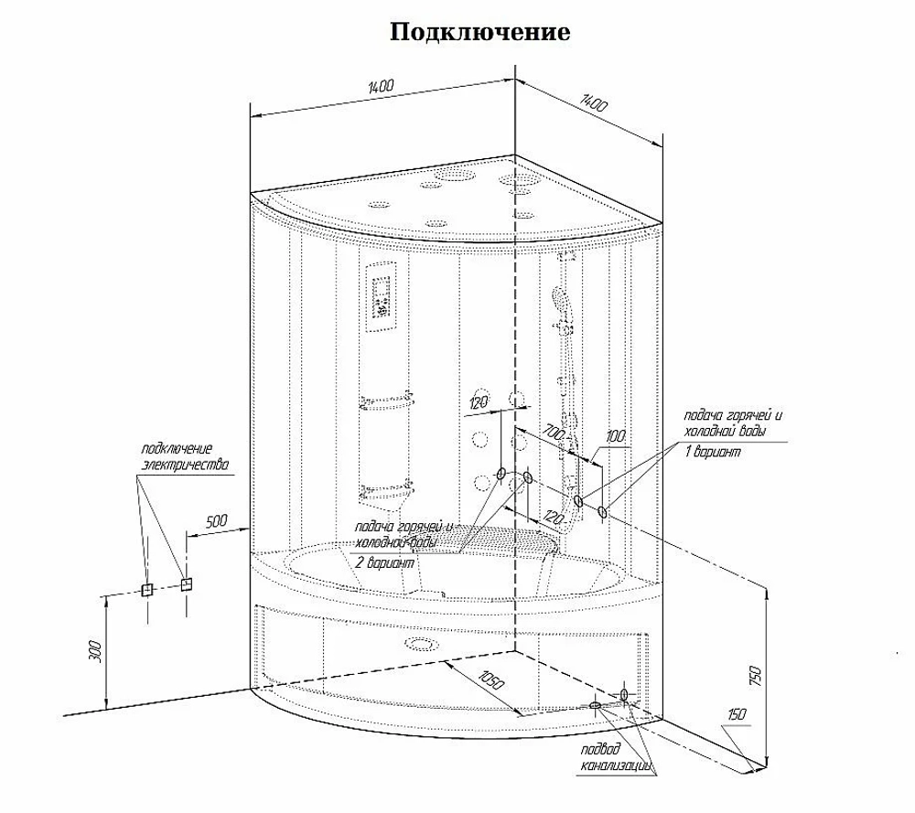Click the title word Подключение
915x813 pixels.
479,33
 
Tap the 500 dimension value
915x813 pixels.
217,520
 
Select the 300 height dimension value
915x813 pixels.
95,651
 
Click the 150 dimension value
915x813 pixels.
737,714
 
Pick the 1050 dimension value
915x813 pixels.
490,680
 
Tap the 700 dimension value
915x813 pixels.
554,433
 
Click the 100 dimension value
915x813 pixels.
616,435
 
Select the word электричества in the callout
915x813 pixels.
186,465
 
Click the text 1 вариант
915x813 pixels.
713,452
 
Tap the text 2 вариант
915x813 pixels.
386,562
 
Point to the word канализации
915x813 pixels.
616,765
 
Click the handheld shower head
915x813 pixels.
559,299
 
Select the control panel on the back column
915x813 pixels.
381,297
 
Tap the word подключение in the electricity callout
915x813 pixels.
177,449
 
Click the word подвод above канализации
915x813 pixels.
600,749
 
